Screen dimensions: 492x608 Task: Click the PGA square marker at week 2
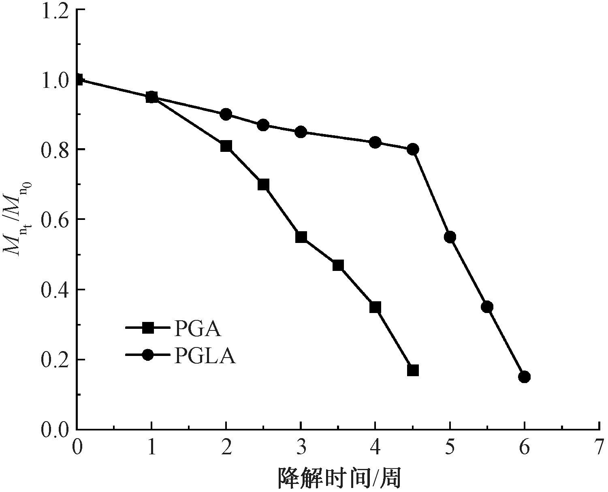226,146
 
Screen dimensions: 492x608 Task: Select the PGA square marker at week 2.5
263,185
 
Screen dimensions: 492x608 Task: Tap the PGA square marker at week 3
301,237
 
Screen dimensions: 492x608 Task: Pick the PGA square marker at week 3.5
338,266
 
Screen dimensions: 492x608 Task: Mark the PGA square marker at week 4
375,307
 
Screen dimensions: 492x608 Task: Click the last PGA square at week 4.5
413,370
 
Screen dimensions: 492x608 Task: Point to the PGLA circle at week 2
226,114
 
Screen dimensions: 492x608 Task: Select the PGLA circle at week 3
301,132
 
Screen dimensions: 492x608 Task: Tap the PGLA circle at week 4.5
413,149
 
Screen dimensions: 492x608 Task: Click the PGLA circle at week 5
450,237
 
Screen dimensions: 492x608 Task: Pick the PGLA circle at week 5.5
487,307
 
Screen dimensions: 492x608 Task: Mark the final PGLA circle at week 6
525,377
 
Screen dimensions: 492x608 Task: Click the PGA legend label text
198,328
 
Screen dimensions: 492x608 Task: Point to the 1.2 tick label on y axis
54,10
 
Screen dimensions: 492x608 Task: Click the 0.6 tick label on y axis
54,220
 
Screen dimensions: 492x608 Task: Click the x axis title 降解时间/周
339,478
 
